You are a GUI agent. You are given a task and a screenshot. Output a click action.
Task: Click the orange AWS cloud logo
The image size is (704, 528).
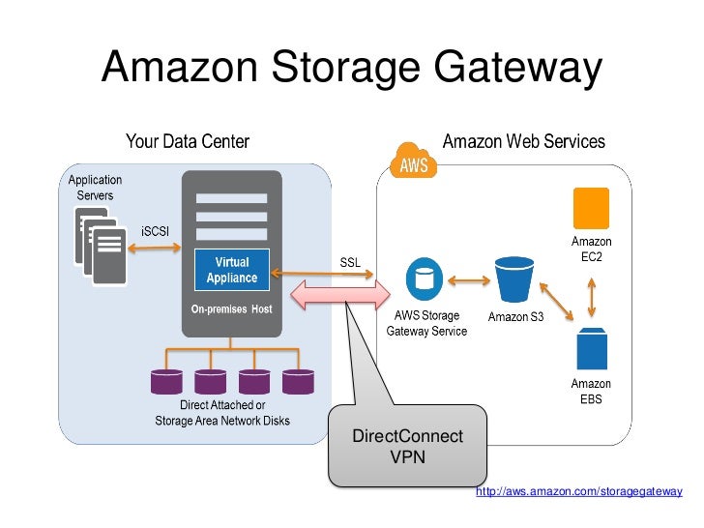coord(414,161)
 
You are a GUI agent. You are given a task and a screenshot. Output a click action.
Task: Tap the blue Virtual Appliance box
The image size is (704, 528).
coord(232,270)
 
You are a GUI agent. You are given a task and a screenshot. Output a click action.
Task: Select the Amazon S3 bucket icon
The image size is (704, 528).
coord(514,279)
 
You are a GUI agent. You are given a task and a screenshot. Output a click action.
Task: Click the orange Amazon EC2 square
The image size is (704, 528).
coord(591,208)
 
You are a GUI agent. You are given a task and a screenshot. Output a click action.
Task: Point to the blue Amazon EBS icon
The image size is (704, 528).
coord(592,348)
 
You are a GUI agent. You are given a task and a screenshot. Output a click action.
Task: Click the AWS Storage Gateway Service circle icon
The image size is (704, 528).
coord(425,279)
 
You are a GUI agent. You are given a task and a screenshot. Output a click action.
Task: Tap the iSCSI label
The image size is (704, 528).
coord(155,231)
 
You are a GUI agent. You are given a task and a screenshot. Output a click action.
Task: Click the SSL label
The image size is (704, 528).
coord(350,262)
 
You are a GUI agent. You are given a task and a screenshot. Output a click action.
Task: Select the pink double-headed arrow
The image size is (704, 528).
coord(340,295)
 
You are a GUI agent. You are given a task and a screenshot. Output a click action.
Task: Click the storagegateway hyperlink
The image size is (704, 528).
coord(579,491)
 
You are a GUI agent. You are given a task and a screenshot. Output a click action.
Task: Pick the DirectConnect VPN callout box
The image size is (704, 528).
coord(408,446)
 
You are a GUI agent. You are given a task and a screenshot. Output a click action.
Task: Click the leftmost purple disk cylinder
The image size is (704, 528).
coord(166,382)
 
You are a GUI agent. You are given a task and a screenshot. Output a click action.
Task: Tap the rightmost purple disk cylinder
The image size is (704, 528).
coord(298,382)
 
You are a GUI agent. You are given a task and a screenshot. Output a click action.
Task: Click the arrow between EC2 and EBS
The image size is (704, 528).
coord(592,298)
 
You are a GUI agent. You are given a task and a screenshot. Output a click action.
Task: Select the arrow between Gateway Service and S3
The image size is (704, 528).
coord(469,280)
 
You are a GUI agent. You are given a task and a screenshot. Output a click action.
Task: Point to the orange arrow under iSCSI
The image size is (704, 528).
coord(155,248)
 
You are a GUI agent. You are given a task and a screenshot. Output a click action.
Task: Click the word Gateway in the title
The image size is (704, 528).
coord(517,67)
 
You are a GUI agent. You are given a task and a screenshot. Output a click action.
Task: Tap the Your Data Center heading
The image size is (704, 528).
coord(188,141)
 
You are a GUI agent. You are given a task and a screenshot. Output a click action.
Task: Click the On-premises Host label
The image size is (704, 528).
coord(232,308)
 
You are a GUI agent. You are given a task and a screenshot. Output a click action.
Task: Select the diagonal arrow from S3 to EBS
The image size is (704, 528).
coord(557,301)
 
